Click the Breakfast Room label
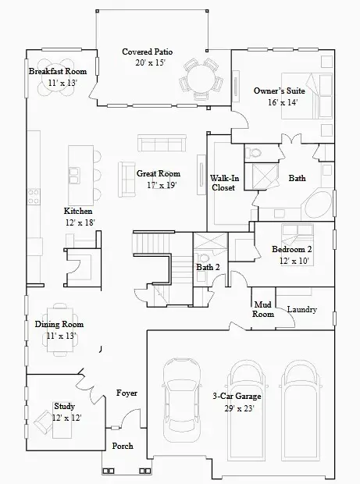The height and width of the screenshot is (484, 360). (x=57, y=71)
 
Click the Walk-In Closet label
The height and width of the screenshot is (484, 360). (x=223, y=183)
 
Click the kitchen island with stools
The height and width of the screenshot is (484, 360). (x=78, y=166)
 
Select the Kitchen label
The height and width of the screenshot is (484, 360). (x=78, y=212)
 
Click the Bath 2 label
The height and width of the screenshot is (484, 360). (x=208, y=267)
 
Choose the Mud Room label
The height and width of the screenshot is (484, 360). (x=262, y=309)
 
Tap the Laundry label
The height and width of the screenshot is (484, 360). (x=301, y=309)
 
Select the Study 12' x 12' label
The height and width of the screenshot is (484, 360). (x=66, y=411)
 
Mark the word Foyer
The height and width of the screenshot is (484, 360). (x=127, y=393)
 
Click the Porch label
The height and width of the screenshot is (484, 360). (x=123, y=446)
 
